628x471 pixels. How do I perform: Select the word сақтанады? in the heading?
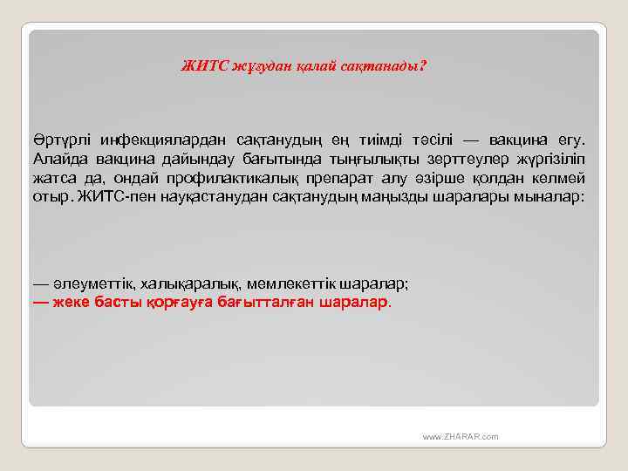tap(389, 66)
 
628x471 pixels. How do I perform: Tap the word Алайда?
tap(58, 159)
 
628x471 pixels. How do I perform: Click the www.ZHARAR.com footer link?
tap(460, 435)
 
